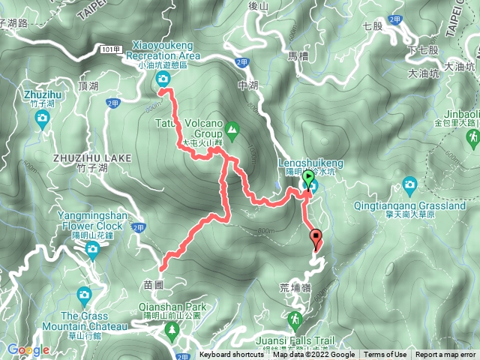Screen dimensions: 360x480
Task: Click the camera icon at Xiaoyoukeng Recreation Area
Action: [163, 79]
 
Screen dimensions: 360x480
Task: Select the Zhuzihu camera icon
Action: [43, 118]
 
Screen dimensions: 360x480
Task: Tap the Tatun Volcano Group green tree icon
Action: [232, 129]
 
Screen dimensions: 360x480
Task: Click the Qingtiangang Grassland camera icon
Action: [409, 184]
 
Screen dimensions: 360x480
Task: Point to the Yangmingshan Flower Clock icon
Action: [93, 249]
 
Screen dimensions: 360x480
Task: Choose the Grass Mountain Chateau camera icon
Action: [83, 295]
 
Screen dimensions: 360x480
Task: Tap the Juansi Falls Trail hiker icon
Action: [294, 318]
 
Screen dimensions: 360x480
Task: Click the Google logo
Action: [28, 349]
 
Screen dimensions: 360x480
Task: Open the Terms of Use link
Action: [385, 355]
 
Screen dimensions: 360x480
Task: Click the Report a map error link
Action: [446, 355]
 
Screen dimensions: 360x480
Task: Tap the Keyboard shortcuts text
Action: [232, 355]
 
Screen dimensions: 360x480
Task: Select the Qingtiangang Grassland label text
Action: [412, 205]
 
